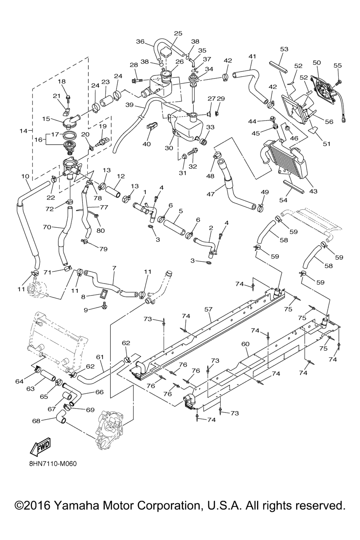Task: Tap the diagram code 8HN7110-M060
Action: [53, 463]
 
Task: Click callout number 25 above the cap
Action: [178, 33]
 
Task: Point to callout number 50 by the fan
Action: [317, 63]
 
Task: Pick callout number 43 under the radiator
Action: [313, 191]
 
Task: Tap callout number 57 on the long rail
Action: [208, 309]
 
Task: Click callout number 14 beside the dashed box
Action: [23, 131]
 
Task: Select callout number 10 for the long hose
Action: [25, 176]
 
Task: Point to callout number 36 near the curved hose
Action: [140, 41]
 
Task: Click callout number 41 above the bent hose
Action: [252, 56]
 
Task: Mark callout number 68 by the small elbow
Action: [36, 420]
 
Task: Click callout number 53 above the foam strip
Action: [284, 49]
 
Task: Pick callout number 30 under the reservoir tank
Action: [169, 148]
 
